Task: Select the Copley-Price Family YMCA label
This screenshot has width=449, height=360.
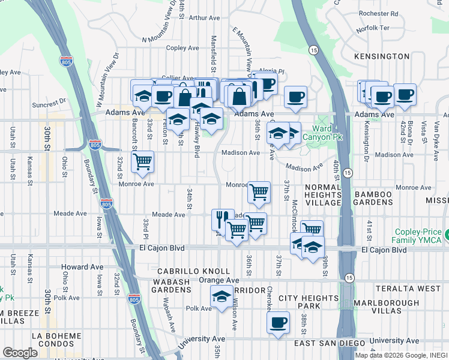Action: pyautogui.click(x=418, y=236)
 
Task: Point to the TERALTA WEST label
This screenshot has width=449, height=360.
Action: pyautogui.click(x=416, y=289)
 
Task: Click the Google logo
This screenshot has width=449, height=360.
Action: pyautogui.click(x=20, y=353)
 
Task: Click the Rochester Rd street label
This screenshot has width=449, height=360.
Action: pyautogui.click(x=378, y=13)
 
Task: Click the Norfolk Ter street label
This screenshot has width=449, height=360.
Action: pyautogui.click(x=373, y=28)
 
